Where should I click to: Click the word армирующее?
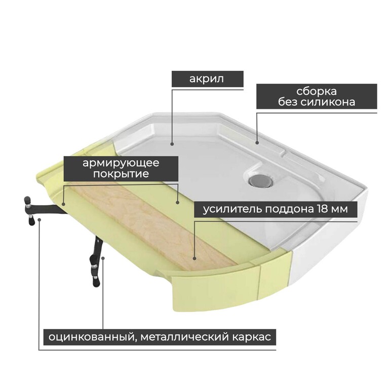(x=121, y=164)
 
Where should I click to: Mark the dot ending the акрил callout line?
(x=172, y=144)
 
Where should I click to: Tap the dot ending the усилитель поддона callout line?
(x=194, y=258)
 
